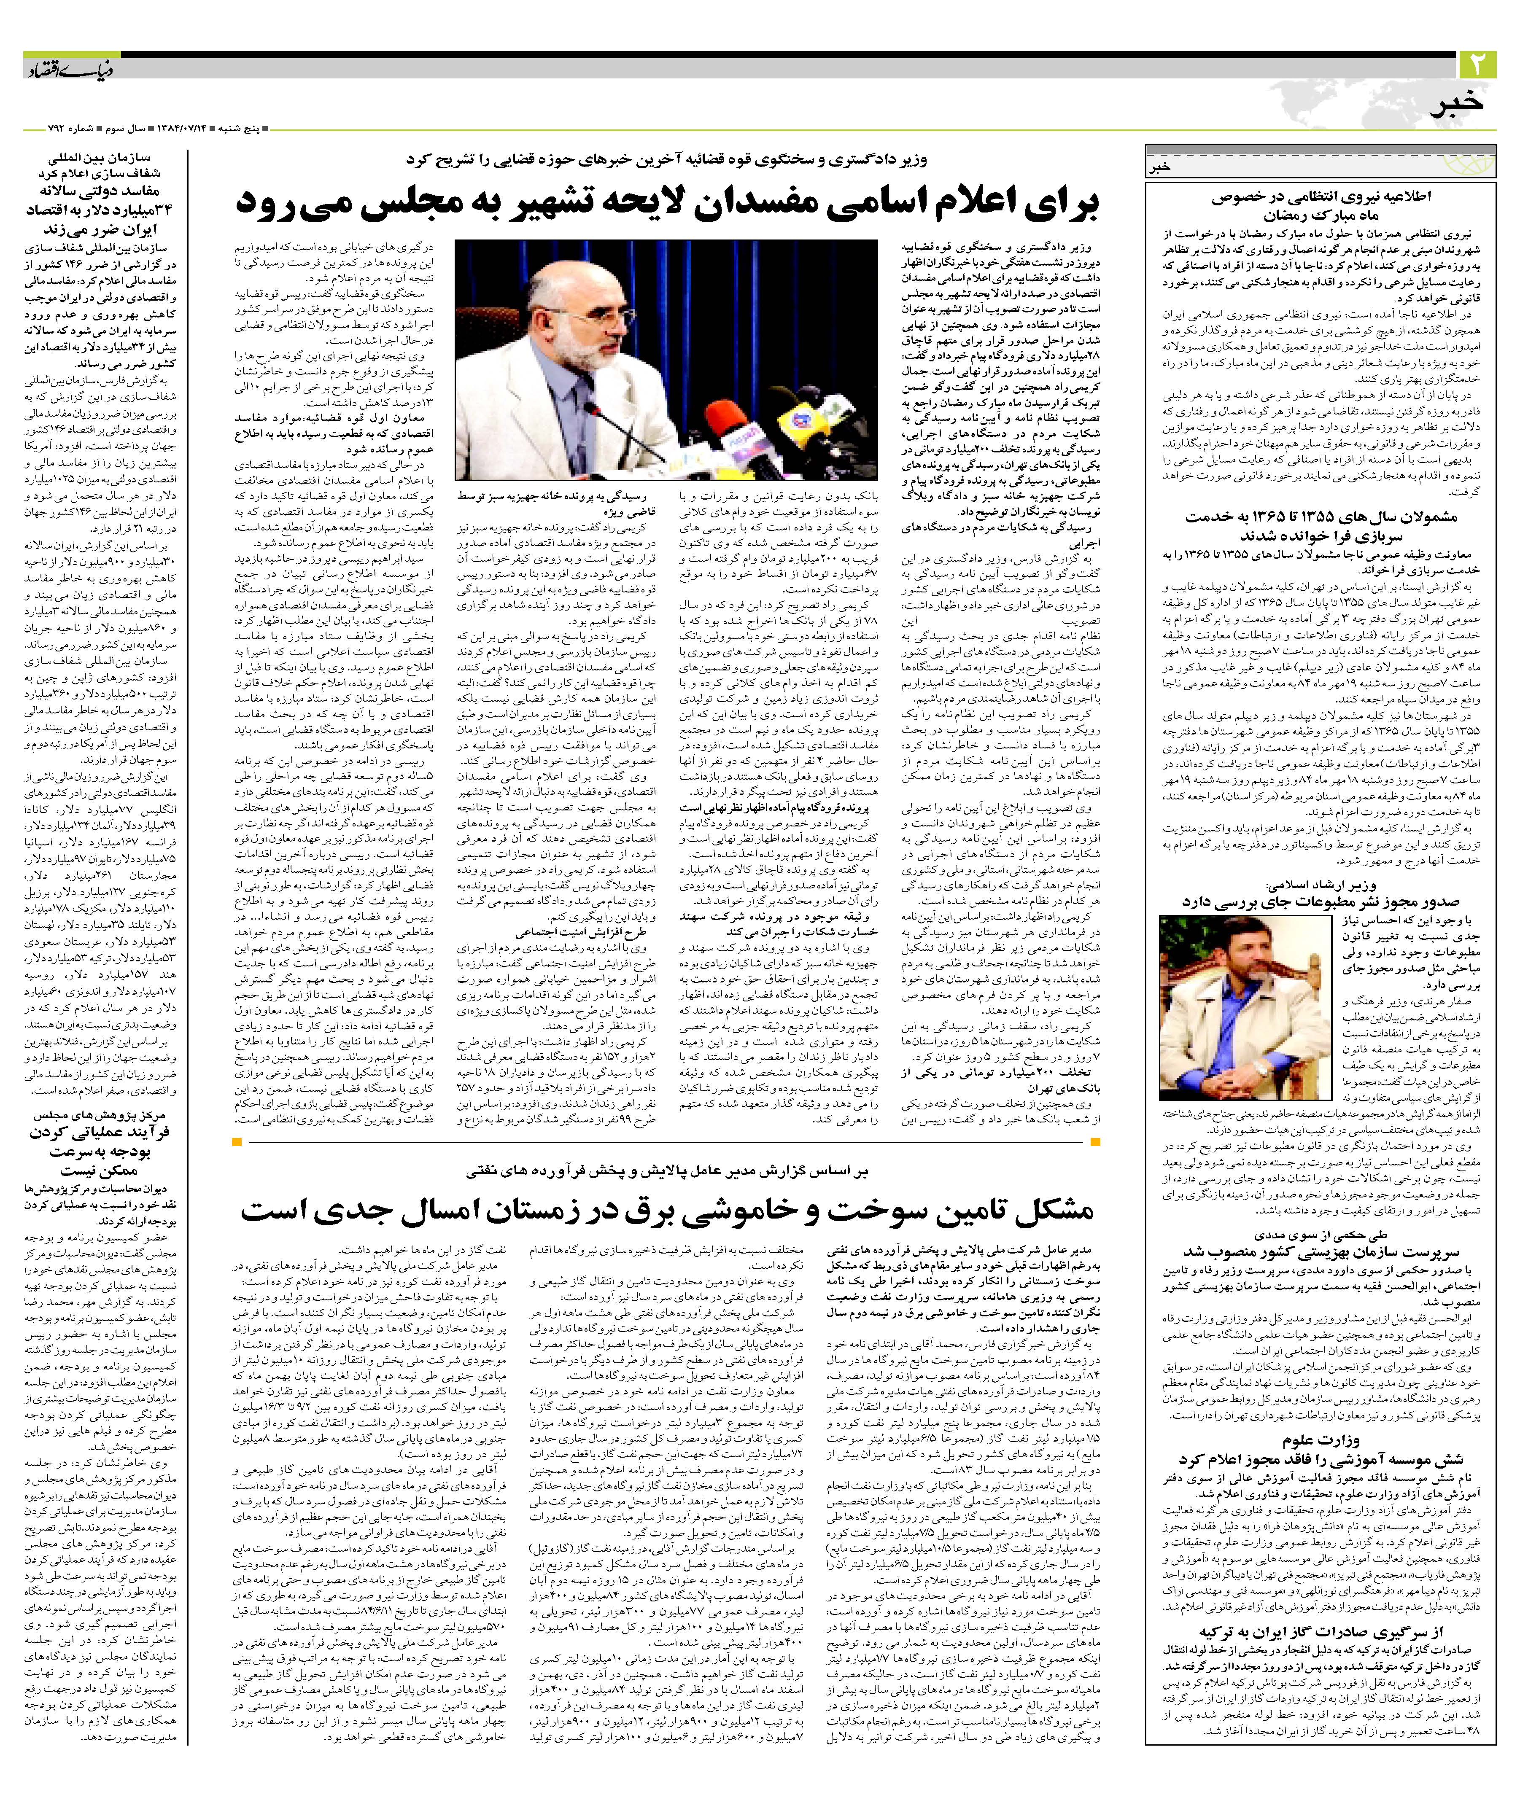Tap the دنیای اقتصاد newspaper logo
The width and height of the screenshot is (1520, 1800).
[56, 67]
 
